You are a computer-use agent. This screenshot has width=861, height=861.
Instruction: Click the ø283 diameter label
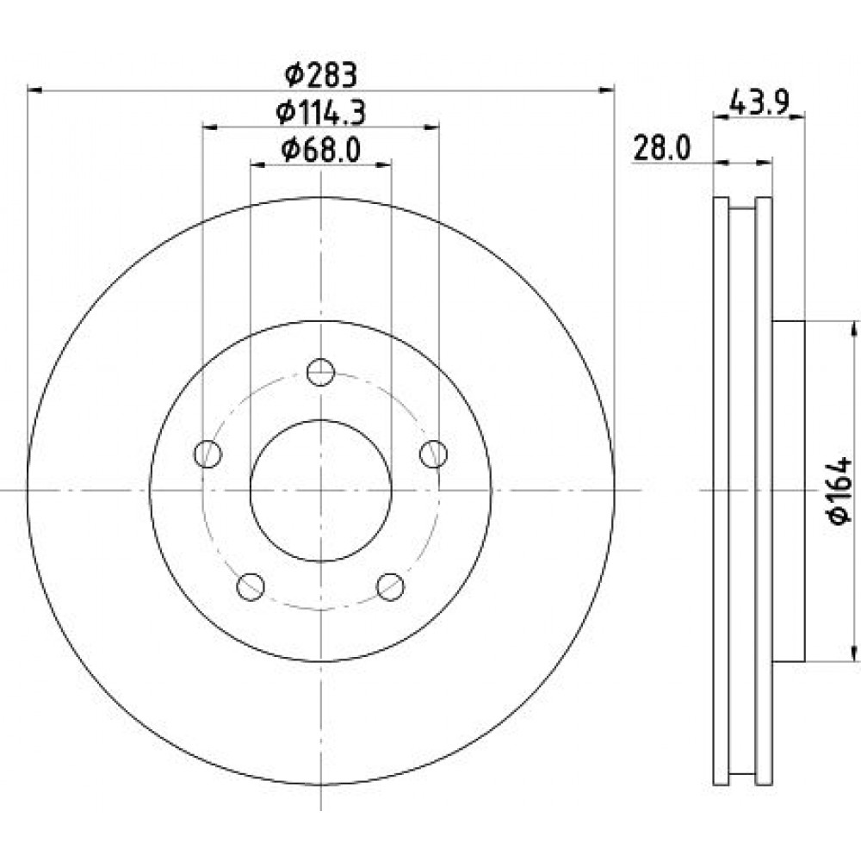click(x=321, y=75)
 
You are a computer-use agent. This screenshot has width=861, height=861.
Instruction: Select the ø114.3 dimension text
click(x=320, y=114)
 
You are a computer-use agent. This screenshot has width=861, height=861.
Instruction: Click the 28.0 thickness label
click(x=662, y=149)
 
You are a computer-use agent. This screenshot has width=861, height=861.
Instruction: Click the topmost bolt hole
click(x=320, y=372)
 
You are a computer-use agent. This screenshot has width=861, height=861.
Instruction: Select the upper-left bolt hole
click(x=208, y=454)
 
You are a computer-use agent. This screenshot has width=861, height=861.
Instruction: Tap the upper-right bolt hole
click(x=433, y=454)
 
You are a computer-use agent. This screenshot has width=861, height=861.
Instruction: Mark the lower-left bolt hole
click(x=251, y=586)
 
